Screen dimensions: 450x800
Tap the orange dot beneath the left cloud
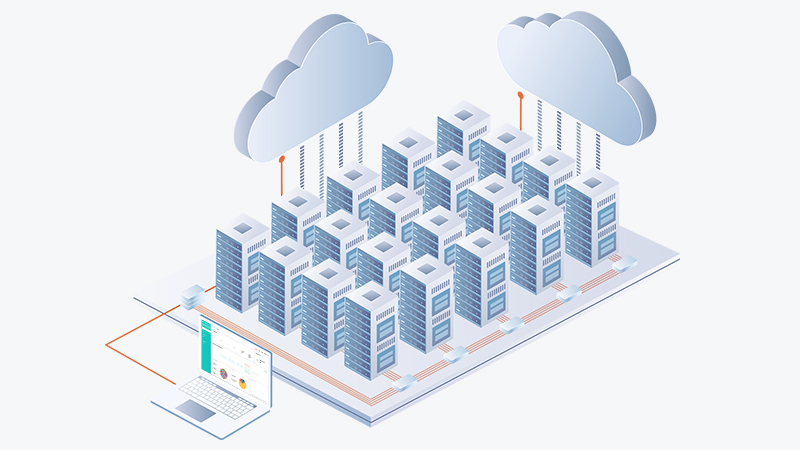click(282, 158)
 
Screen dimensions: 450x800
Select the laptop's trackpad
click(197, 410)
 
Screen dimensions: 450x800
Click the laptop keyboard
click(224, 398)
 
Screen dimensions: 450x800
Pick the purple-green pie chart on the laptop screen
click(225, 374)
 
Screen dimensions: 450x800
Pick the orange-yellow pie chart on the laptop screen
click(242, 382)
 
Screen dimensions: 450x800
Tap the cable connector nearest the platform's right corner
click(626, 265)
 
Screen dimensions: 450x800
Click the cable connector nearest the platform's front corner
click(405, 381)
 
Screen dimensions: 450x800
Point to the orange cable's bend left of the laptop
click(107, 346)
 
